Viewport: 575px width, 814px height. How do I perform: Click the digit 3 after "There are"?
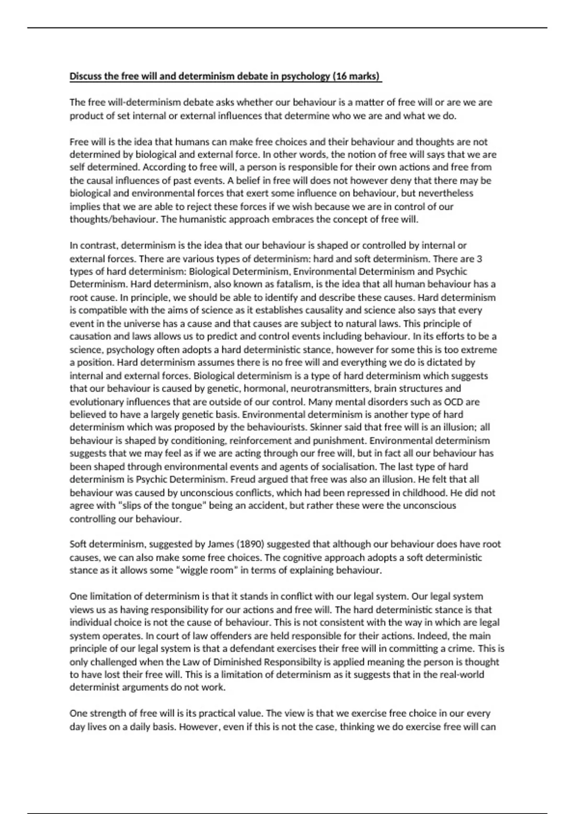480,259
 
